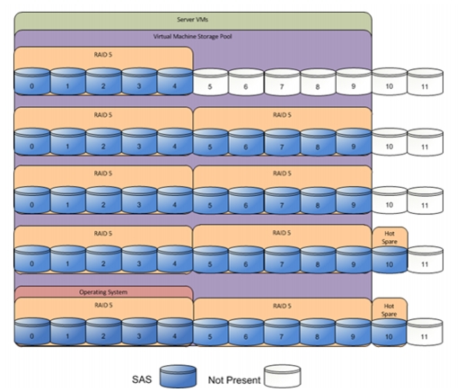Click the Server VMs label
192,20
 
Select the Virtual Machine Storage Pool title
192,37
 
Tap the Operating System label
103,292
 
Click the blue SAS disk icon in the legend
178,376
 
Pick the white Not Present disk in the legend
283,376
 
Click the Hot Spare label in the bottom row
389,310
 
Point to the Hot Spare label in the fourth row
390,237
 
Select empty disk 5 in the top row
210,82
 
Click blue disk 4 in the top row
175,82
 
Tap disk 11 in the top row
426,82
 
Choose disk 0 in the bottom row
32,332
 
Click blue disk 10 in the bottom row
389,333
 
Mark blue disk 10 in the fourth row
390,260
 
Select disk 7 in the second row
282,142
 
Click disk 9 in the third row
354,200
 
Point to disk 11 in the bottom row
425,333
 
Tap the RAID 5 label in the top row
103,55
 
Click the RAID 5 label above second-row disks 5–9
282,115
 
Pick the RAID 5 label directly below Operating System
103,306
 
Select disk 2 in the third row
103,200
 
